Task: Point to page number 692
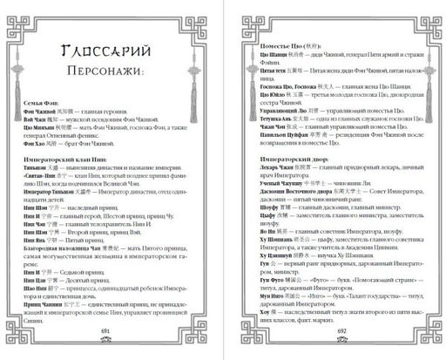[x=341, y=332]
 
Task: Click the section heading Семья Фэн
[x=43, y=126]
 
